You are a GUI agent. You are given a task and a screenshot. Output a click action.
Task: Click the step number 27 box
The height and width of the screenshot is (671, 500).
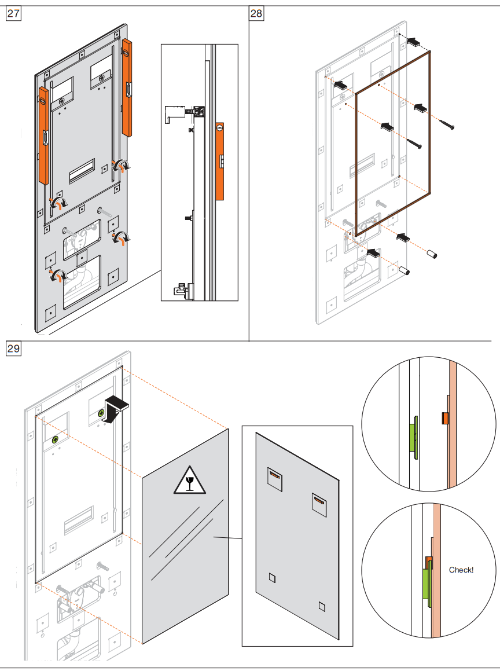pyautogui.click(x=13, y=13)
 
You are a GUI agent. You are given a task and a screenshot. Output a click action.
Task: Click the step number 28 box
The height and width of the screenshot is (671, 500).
pyautogui.click(x=256, y=13)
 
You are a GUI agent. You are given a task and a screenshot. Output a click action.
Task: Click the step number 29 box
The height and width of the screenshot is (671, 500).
pyautogui.click(x=13, y=349)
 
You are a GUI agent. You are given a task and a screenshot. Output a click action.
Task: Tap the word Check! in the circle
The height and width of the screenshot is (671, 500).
pyautogui.click(x=461, y=570)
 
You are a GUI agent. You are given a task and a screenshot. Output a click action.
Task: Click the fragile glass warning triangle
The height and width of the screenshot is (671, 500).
pyautogui.click(x=189, y=481)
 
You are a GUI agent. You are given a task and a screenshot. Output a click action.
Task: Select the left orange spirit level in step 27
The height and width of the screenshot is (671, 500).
pyautogui.click(x=43, y=135)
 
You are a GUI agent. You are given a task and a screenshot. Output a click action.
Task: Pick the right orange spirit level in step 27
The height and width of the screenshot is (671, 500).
pyautogui.click(x=127, y=87)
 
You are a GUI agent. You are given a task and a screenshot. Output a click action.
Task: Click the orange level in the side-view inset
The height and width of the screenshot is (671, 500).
pyautogui.click(x=219, y=162)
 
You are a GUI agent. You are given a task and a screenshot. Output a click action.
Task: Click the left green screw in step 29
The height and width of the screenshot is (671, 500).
pyautogui.click(x=55, y=439)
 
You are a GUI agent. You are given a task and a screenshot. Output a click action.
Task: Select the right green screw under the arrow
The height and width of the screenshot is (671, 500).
pyautogui.click(x=101, y=413)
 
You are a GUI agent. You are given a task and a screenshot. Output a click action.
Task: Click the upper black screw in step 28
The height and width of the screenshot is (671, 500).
pyautogui.click(x=446, y=124)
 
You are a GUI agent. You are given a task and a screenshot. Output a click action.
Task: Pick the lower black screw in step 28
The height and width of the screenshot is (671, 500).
pyautogui.click(x=414, y=144)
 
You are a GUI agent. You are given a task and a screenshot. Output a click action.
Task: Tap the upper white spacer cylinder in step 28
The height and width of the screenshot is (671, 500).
pyautogui.click(x=431, y=254)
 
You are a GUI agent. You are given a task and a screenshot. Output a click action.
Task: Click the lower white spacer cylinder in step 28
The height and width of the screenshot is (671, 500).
pyautogui.click(x=404, y=270)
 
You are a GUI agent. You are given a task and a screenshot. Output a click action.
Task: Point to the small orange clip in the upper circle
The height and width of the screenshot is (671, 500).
pyautogui.click(x=444, y=418)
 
